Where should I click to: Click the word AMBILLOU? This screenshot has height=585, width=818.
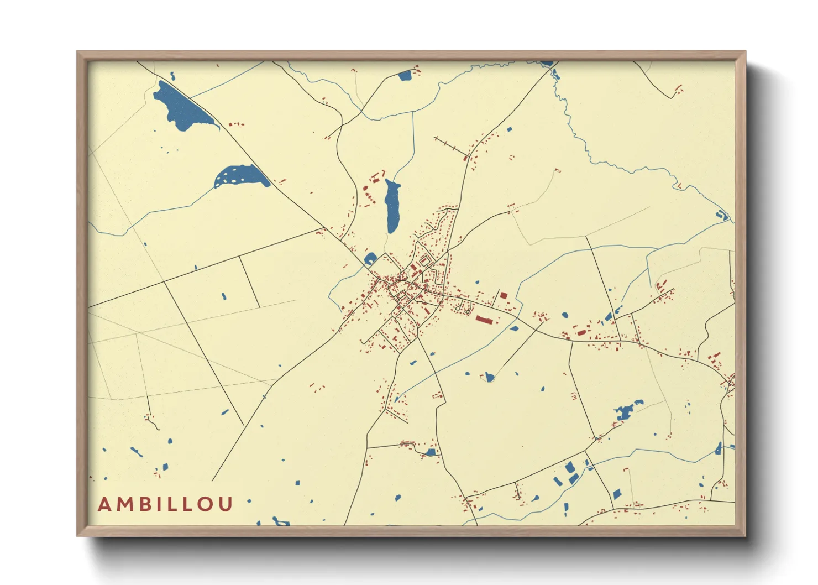165,504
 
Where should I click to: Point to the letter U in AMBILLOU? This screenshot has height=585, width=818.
226,505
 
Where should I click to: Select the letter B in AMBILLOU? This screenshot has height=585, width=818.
146,505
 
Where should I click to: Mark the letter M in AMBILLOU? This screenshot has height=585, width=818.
125,505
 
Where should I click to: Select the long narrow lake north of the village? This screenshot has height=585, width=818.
392,206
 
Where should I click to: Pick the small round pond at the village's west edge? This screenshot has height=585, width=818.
370,258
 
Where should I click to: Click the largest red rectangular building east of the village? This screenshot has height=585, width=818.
484,320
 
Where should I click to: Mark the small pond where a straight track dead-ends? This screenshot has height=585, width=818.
489,378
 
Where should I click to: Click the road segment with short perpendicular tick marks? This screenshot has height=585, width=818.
451,147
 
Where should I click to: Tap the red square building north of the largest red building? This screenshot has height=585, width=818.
504,296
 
